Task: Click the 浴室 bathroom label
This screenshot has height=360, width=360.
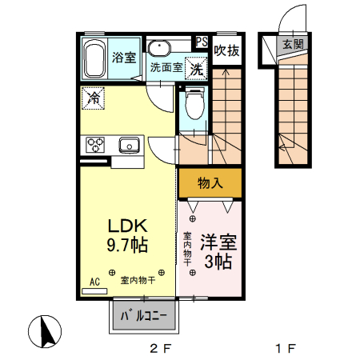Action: click(x=123, y=58)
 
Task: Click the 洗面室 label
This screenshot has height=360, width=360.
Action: click(x=166, y=69)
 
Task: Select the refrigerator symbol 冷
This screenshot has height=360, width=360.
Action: click(x=94, y=99)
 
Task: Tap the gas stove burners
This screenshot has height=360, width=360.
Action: click(x=96, y=145)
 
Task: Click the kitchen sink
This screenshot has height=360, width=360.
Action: click(x=129, y=145)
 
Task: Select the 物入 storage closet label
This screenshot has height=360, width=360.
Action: click(x=210, y=183)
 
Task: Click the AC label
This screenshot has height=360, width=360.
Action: click(x=94, y=281)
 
